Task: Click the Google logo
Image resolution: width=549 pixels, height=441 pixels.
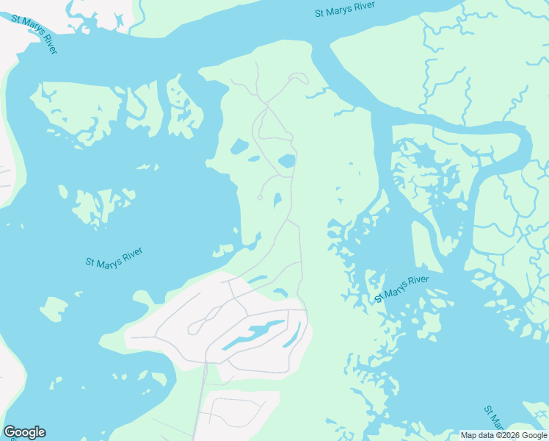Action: point(24,432)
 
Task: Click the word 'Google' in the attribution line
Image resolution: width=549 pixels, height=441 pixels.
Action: point(533,435)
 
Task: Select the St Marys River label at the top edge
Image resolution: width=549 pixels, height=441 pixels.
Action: point(344,10)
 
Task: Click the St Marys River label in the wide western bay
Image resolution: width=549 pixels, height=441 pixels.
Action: point(114,257)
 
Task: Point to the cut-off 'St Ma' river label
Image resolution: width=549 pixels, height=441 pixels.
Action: point(494,418)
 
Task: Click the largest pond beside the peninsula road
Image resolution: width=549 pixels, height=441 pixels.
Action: point(287,161)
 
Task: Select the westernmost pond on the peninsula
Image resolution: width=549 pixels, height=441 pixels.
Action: point(239,146)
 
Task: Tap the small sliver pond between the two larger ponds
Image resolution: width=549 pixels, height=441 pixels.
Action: point(254,158)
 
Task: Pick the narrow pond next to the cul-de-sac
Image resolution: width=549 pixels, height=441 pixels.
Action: point(277,200)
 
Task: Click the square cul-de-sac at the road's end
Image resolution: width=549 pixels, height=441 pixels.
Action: point(260,197)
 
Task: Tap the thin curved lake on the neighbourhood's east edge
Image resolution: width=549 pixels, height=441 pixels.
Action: point(291,336)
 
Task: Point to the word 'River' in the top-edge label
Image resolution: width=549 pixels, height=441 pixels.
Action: point(363,7)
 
